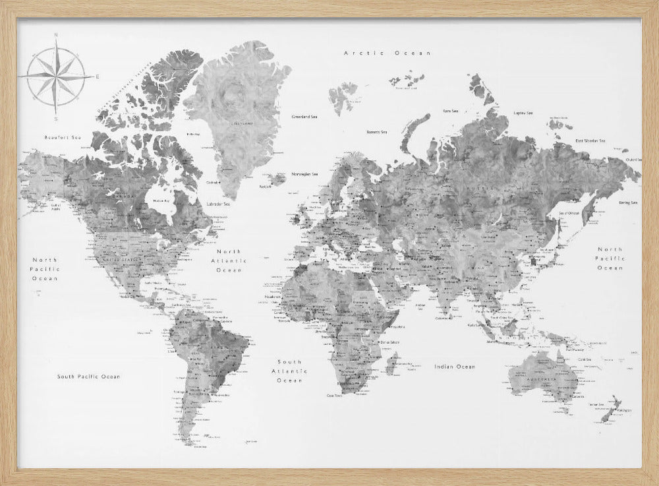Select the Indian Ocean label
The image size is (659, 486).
(455, 366)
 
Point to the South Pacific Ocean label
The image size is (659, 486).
(89, 376)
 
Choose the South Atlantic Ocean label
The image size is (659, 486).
(289, 371)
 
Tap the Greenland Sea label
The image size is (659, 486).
(305, 117)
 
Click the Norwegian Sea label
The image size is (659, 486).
(305, 174)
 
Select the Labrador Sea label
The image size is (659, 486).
(217, 204)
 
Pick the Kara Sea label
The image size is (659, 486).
(451, 111)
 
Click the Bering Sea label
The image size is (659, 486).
(628, 202)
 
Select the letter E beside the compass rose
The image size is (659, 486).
(98, 77)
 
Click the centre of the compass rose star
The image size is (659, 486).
(57, 77)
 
